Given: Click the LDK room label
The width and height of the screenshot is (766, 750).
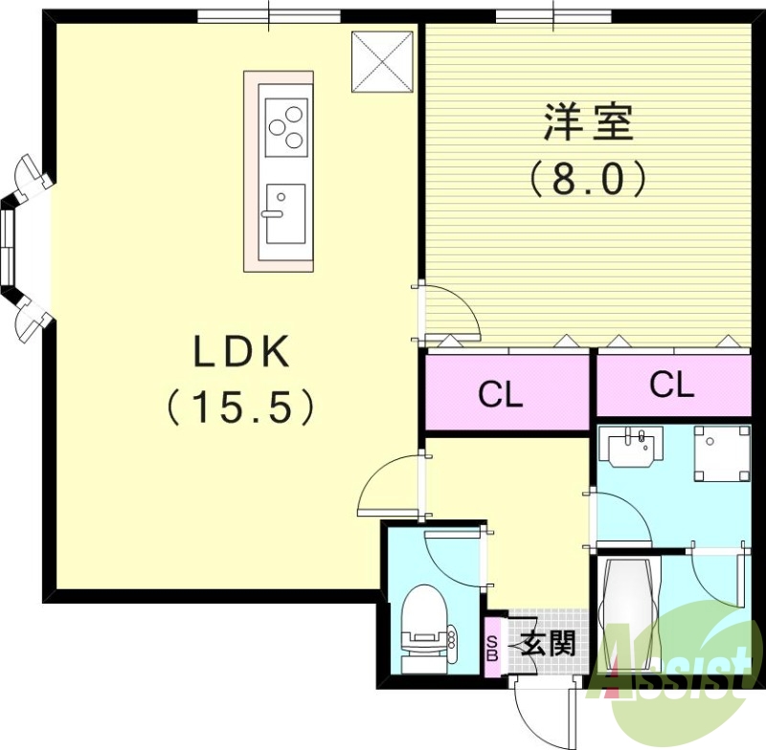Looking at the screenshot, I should [x=241, y=354].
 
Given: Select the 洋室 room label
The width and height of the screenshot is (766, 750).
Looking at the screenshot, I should [x=589, y=123].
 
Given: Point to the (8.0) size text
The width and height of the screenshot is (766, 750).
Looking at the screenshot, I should [x=588, y=178].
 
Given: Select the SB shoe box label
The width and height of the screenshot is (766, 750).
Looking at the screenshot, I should [x=492, y=650].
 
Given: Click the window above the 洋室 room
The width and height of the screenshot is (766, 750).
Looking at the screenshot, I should [x=554, y=14].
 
